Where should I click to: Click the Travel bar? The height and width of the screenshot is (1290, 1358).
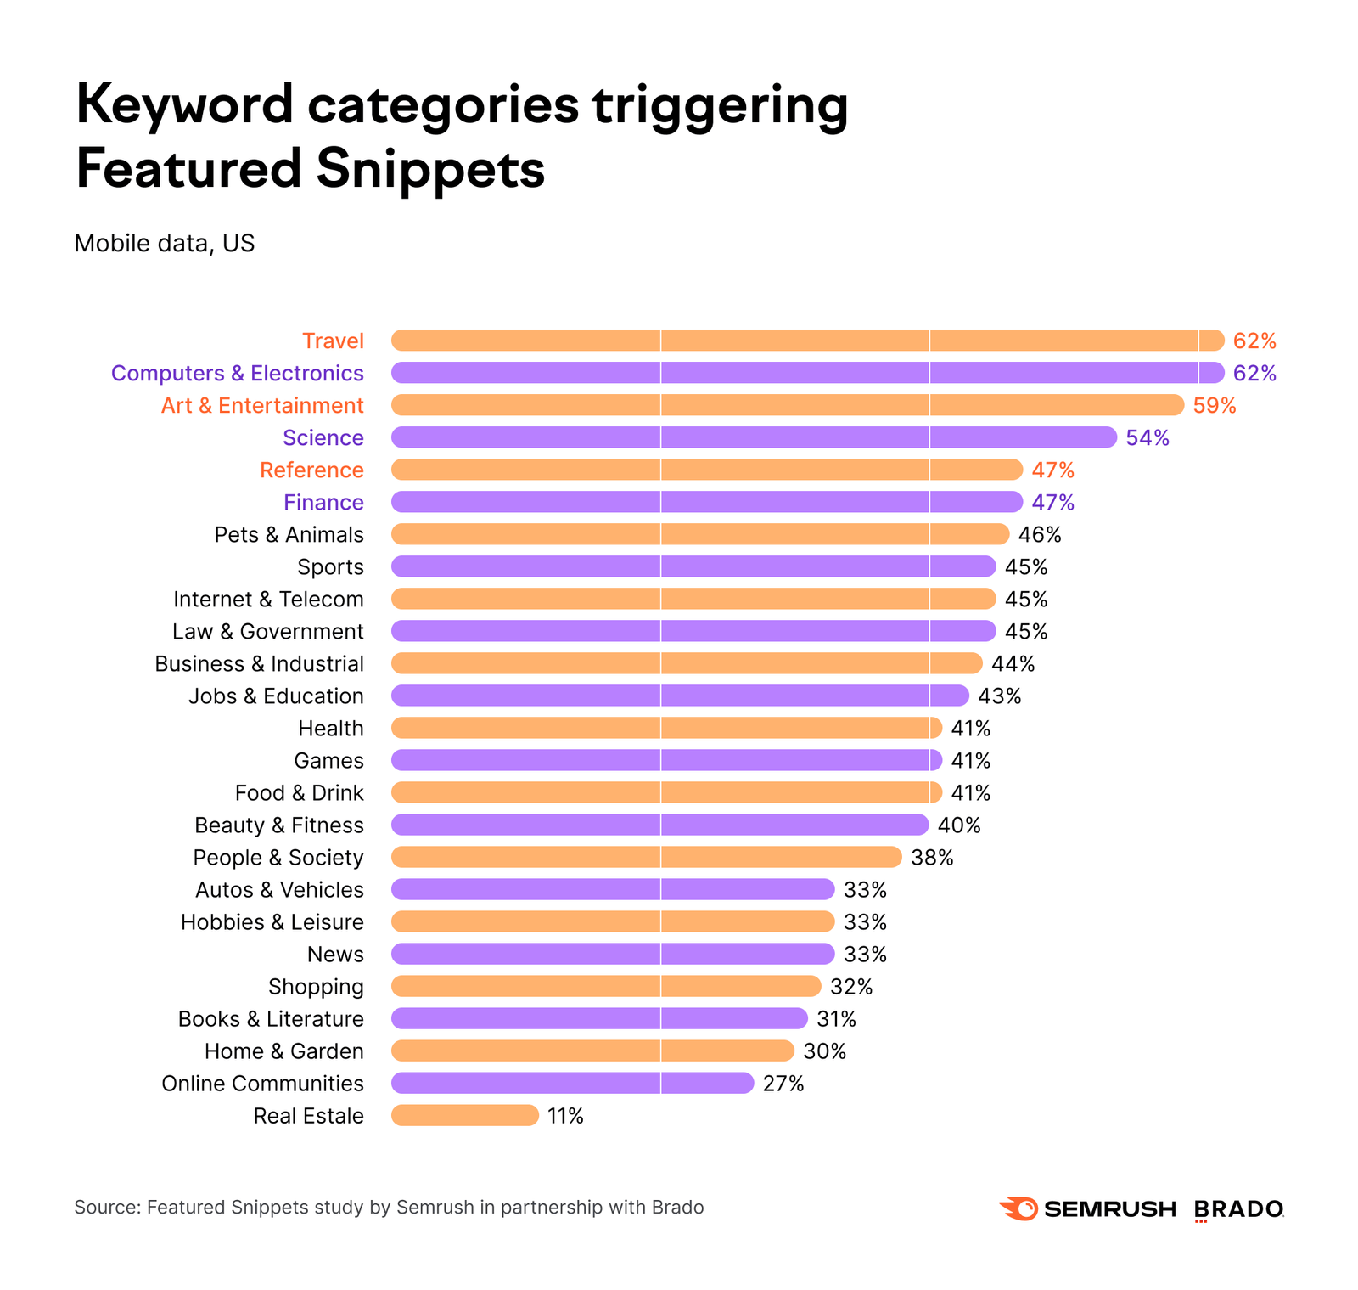click(806, 341)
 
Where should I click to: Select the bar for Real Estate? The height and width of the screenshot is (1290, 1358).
click(464, 1115)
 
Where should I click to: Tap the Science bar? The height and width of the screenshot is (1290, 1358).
click(754, 437)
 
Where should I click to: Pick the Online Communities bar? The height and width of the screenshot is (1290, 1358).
click(572, 1083)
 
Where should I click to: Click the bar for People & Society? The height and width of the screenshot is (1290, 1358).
click(646, 857)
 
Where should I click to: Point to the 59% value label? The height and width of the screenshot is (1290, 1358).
click(1214, 406)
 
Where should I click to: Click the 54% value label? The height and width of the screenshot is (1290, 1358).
click(1147, 438)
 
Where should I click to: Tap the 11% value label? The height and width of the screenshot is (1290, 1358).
click(565, 1116)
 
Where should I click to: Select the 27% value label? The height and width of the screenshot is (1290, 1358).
click(783, 1084)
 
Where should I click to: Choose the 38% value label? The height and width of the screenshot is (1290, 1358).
click(932, 858)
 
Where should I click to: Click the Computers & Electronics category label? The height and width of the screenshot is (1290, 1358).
click(238, 374)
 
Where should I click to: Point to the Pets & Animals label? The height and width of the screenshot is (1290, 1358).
click(289, 535)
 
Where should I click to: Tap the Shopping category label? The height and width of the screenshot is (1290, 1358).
click(316, 987)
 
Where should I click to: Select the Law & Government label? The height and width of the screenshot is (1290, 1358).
click(267, 632)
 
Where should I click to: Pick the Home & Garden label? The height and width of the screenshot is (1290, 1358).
click(283, 1051)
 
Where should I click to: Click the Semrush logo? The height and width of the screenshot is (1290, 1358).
click(1087, 1208)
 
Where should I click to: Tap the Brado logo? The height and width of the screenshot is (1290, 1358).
click(1238, 1209)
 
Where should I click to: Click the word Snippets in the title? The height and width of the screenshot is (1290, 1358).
click(430, 168)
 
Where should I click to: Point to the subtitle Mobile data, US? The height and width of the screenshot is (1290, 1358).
click(165, 244)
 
